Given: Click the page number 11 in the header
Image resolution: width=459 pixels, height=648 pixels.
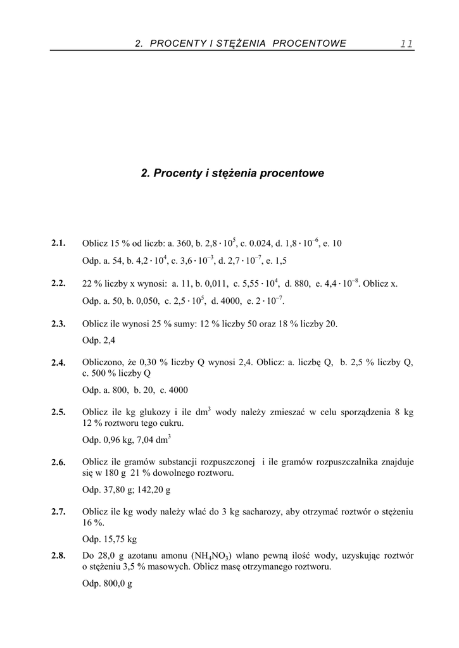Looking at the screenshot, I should click(x=406, y=43).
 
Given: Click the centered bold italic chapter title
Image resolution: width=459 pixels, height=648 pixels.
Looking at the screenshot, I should click(x=232, y=173).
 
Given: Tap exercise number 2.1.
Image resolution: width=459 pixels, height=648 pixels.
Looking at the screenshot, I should click(x=59, y=243).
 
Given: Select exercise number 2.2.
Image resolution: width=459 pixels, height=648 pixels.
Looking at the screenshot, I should click(x=59, y=283).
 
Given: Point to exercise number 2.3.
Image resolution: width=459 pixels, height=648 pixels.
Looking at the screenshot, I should click(x=59, y=324).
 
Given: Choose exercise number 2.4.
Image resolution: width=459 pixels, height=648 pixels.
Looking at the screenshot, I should click(x=59, y=363).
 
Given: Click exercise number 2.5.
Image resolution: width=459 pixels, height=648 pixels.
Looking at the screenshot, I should click(x=59, y=412).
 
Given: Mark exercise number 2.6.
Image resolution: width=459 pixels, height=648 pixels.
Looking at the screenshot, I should click(x=59, y=462).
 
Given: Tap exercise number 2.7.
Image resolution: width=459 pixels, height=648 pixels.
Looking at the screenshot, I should click(x=59, y=512).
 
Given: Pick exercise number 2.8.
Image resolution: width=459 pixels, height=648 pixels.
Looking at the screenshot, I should click(x=59, y=556).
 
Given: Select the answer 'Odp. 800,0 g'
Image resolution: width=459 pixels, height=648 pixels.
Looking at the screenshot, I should click(x=107, y=583).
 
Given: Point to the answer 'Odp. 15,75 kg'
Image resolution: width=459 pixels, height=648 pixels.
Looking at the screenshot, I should click(x=110, y=540).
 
